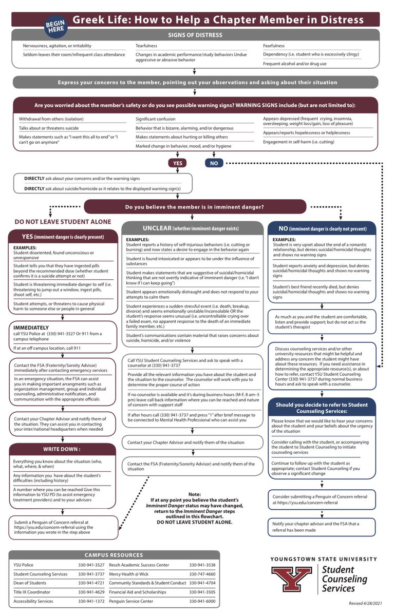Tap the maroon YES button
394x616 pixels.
(x=177, y=163)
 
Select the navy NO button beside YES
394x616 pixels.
(x=214, y=163)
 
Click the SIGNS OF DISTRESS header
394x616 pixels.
(x=195, y=35)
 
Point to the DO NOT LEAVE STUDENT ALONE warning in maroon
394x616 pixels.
(x=63, y=222)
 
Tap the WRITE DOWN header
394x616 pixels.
(x=62, y=449)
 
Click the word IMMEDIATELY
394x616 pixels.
(x=32, y=327)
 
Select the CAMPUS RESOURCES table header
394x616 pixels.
(x=114, y=555)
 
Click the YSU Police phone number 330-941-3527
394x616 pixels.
(x=92, y=565)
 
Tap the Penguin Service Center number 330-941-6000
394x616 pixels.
(x=202, y=601)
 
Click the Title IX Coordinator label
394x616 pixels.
(x=32, y=592)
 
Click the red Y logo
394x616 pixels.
(x=291, y=578)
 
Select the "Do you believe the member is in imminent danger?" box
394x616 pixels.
(x=195, y=207)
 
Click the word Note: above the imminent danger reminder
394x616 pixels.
(x=195, y=494)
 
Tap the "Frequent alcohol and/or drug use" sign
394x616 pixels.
(x=294, y=64)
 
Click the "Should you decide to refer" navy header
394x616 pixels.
(x=322, y=408)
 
